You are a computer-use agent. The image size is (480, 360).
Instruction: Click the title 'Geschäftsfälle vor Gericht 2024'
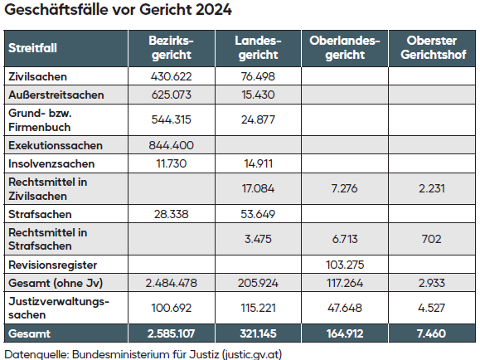click(x=118, y=12)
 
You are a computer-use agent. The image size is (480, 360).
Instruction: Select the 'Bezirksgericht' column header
click(x=171, y=48)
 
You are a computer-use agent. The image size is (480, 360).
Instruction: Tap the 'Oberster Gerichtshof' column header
click(x=430, y=48)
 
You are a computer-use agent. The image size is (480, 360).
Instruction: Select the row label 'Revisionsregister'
click(x=51, y=265)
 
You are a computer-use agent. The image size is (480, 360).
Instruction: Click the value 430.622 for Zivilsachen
click(x=171, y=76)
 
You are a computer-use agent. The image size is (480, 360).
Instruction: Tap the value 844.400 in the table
click(x=171, y=145)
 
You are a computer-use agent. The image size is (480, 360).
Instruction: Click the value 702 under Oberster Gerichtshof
click(x=430, y=239)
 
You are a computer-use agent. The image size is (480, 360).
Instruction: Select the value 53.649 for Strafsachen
click(x=257, y=214)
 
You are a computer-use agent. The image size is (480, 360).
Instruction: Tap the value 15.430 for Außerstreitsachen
click(x=257, y=95)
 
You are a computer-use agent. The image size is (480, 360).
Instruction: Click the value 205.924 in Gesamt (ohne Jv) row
click(x=257, y=283)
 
